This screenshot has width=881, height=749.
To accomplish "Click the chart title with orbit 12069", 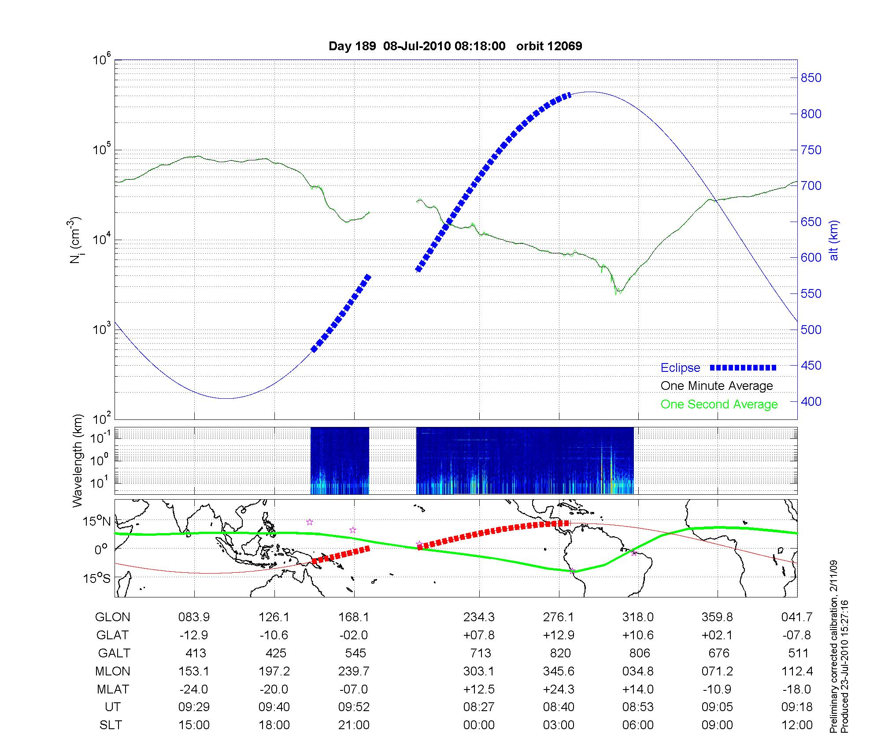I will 455,46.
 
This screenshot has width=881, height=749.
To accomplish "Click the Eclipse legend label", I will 680,367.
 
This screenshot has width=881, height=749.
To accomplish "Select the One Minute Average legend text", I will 717,386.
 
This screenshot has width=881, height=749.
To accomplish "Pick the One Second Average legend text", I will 719,404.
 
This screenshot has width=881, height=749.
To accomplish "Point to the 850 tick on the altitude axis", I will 811,78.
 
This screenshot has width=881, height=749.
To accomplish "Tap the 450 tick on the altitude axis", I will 811,366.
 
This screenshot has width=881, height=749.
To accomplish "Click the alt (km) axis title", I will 834,240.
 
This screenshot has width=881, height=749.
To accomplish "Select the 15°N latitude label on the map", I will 96,522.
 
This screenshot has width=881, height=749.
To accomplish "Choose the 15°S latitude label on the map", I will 96,578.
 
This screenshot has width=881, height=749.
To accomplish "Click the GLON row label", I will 112,617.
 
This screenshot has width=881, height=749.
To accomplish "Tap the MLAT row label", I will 113,689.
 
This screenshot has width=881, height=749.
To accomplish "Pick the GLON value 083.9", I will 194,617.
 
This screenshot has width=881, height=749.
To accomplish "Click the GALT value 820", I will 560,653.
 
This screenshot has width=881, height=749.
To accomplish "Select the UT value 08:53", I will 638,707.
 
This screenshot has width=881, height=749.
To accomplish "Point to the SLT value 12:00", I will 797,725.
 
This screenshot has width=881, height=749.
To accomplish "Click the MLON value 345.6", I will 559,671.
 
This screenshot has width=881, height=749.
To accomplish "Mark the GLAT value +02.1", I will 717,635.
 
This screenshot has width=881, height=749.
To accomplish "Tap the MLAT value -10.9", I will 717,689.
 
